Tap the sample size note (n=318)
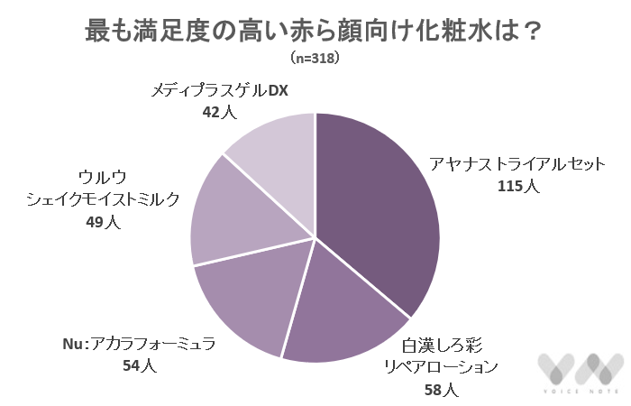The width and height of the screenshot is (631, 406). click(x=315, y=59)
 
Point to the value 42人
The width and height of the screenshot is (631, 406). click(x=218, y=114)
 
